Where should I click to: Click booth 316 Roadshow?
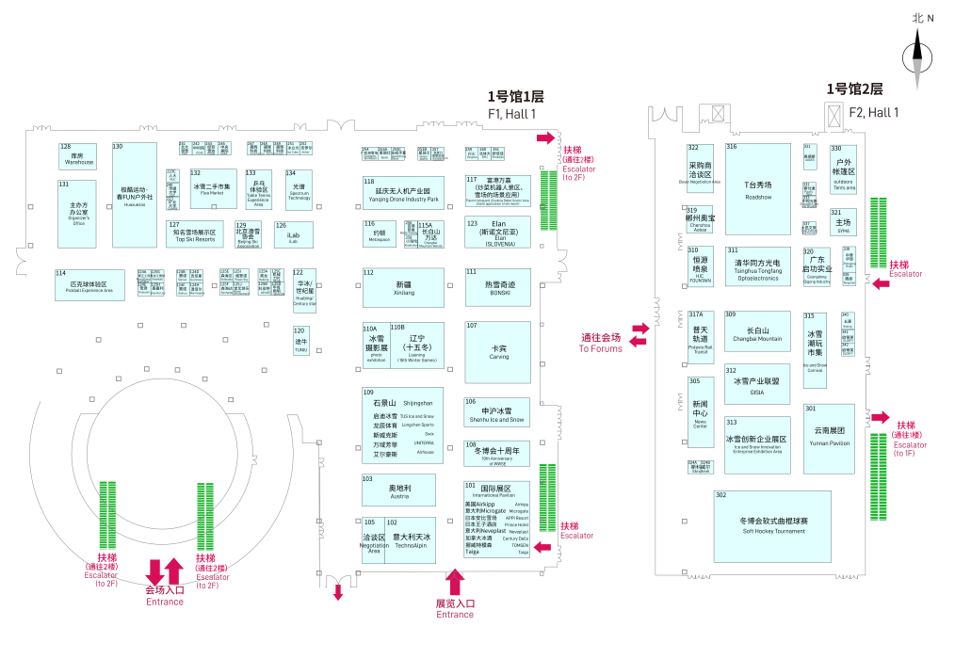coord(757,188)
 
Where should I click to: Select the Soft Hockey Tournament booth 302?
coord(772,525)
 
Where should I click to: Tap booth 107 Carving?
coord(498,351)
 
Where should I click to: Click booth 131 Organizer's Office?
coord(77,213)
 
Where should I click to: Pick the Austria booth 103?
coord(398,490)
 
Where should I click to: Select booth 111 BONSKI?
coord(498,286)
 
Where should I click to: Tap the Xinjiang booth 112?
coord(402,286)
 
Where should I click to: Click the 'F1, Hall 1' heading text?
coord(511,114)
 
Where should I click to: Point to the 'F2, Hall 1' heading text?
coord(873,112)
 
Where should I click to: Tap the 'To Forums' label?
coord(600,348)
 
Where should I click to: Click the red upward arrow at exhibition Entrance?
coord(456,582)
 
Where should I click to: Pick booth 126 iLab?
coord(293,233)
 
